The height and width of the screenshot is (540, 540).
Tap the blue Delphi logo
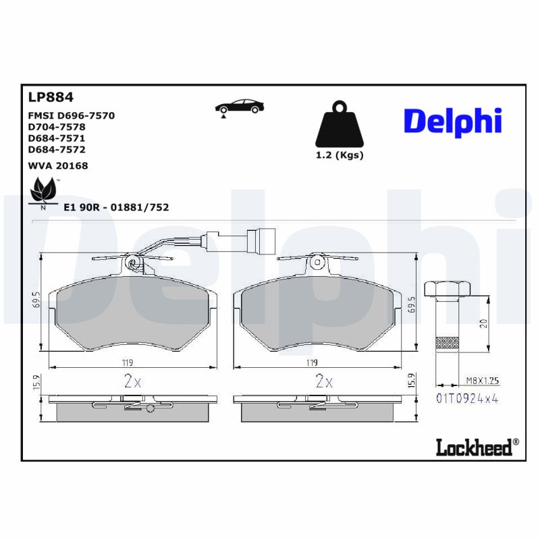pos(452,122)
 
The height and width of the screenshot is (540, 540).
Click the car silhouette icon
pos(239,107)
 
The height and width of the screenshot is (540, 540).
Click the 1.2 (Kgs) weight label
pos(340,155)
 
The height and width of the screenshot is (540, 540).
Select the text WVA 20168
pos(58,165)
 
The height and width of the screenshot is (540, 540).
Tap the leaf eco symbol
pos(45,190)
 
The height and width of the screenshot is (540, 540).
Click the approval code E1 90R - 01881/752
pos(115,207)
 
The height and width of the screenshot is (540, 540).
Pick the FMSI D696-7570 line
pos(72,115)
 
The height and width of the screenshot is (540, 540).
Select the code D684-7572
pos(57,149)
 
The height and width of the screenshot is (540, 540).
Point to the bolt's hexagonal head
pos(448,290)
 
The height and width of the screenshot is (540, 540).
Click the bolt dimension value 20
pos(483,323)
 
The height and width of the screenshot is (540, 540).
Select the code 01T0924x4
pos(467,398)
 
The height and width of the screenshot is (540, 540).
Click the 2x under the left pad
pos(132,381)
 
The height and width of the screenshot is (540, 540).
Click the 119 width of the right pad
pos(312,362)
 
